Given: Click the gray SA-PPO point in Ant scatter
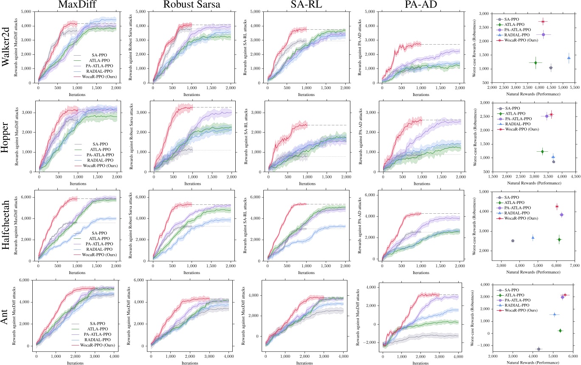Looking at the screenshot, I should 539,349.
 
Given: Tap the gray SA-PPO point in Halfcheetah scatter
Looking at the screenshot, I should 513,241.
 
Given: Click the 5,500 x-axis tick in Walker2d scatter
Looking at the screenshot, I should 575,87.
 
